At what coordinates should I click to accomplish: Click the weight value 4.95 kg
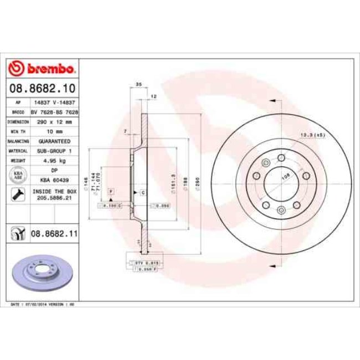54,160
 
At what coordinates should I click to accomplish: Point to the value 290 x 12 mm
54,121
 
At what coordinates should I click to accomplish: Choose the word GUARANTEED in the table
54,141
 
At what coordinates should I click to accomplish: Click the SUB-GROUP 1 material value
54,151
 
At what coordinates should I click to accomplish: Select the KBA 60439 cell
54,180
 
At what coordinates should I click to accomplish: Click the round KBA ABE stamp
17,175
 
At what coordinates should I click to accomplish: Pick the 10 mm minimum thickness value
54,131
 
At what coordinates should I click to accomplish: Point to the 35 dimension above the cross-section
138,84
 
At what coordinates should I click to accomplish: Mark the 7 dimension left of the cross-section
126,131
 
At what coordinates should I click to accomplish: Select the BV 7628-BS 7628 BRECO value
54,112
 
